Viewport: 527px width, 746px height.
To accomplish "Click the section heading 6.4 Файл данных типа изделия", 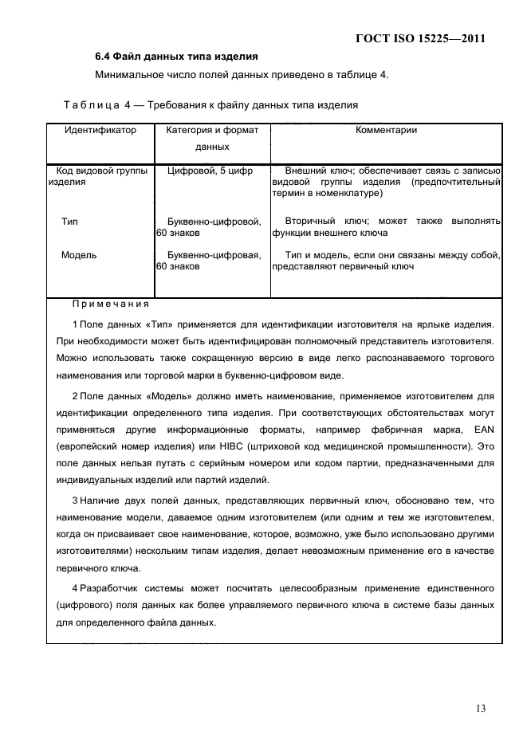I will click(175, 57).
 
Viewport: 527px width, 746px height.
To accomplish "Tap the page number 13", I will click(478, 708).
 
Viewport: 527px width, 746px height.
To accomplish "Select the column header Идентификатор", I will click(100, 130).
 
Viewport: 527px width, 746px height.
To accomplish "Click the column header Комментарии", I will click(387, 130).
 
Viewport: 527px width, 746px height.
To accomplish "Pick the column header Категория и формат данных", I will click(211, 138).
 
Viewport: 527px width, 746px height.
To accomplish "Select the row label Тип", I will click(69, 221).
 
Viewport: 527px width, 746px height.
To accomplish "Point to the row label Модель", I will click(79, 255).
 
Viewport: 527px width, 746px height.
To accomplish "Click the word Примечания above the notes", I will click(110, 304).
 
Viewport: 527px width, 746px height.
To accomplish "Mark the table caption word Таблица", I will click(85, 104).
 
